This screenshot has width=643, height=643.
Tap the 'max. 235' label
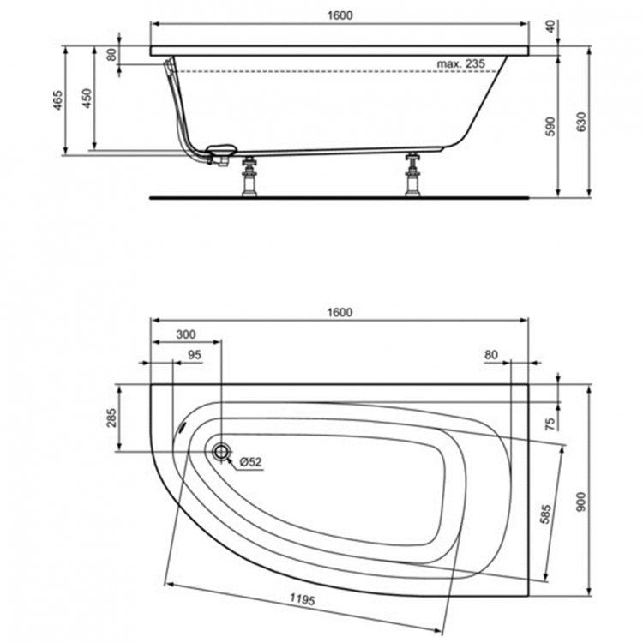[x=460, y=63]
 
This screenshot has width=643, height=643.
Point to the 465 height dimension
[x=57, y=101]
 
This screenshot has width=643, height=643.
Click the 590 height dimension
[x=551, y=126]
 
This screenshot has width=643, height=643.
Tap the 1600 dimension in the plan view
[x=340, y=312]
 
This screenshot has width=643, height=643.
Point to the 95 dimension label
[x=194, y=355]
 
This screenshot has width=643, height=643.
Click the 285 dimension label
[x=111, y=418]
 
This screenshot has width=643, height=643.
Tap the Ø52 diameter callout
[x=249, y=462]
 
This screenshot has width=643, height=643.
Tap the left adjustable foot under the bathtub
[x=250, y=177]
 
